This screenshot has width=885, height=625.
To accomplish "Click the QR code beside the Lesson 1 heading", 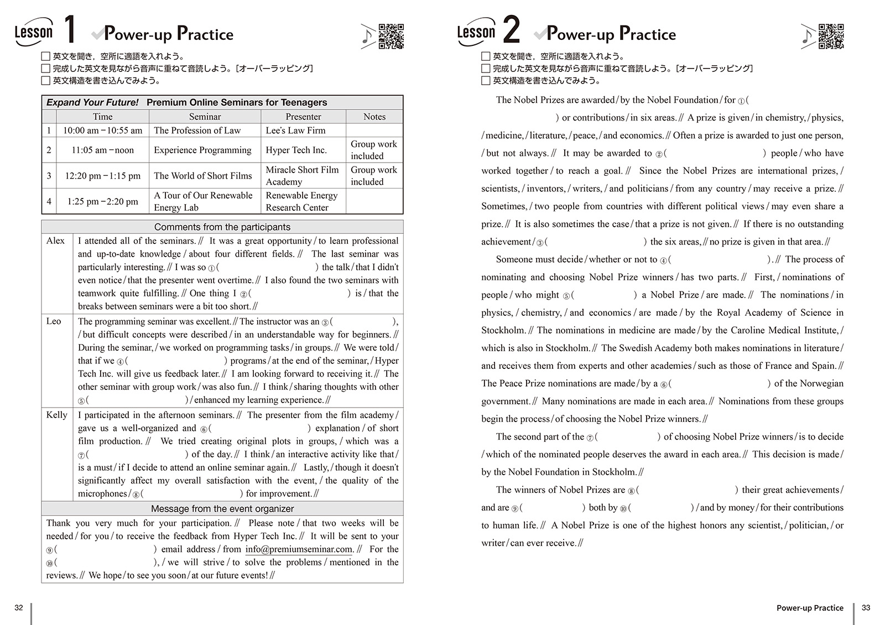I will point(391,37).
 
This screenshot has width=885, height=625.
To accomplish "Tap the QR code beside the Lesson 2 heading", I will point(831,37).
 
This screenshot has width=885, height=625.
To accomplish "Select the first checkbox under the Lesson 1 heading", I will point(46,56).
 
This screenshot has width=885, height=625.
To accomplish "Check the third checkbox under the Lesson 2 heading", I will point(486,81).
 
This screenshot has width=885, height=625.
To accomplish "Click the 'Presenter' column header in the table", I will point(303,117).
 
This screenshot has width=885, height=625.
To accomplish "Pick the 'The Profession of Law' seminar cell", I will point(197,131).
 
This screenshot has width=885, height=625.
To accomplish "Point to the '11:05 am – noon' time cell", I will point(102,150).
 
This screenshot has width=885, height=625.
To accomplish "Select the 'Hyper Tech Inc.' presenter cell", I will point(296,150).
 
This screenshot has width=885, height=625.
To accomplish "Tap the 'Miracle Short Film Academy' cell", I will point(302,176).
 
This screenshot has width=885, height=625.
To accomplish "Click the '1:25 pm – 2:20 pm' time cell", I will point(102,201).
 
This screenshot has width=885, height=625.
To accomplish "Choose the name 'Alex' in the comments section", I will point(55,241).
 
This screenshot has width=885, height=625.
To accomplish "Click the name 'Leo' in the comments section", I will point(54,321).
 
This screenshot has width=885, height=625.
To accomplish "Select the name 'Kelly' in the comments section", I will point(56,415).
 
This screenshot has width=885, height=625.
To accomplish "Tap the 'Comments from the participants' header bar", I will point(222,227).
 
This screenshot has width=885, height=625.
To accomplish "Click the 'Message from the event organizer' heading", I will point(222,508).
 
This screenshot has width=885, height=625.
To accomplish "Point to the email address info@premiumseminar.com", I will point(299,549).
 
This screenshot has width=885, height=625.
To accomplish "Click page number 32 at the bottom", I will point(19,607).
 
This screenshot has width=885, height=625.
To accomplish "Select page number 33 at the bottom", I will point(866,607).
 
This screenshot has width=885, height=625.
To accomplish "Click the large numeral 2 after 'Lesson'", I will point(512,30).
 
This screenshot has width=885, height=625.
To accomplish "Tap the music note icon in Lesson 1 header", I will point(367,37).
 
